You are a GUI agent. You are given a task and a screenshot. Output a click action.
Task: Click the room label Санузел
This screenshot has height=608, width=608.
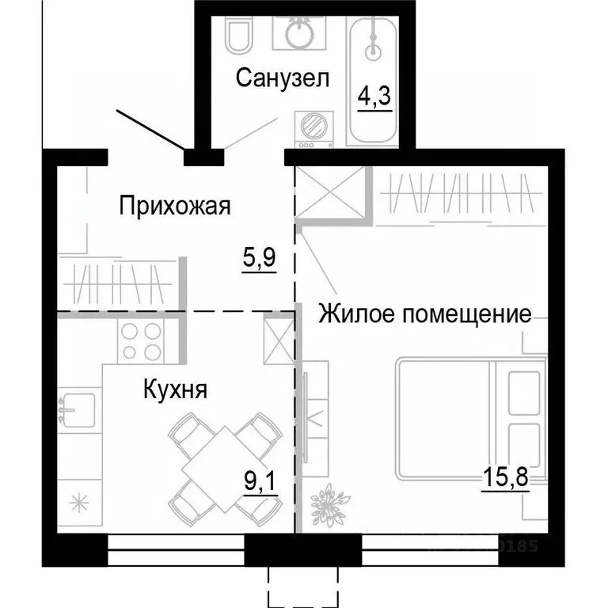(282, 79)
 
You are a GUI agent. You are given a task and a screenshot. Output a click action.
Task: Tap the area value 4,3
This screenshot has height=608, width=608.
(374, 100)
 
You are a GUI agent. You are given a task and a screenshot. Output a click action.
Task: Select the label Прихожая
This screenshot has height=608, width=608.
(174, 207)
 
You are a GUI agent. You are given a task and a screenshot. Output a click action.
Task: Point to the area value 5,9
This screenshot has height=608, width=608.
(259, 258)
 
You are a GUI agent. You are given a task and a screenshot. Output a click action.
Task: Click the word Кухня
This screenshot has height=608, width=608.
(175, 389)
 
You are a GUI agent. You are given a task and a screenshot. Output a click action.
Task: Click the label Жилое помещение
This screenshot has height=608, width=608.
(424, 314)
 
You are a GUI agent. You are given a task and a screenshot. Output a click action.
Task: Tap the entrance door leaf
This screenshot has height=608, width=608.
(151, 130)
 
